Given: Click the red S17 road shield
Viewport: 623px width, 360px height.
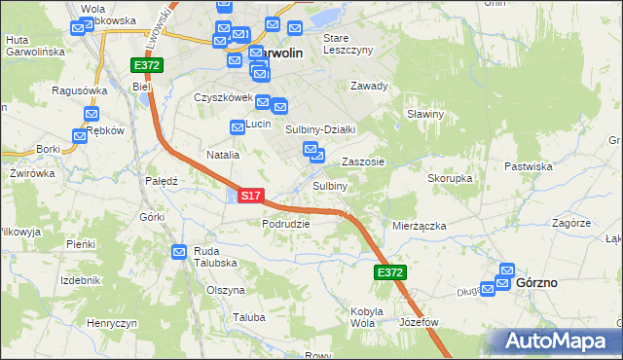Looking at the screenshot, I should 250,196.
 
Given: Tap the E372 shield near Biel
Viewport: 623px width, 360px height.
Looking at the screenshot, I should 148,64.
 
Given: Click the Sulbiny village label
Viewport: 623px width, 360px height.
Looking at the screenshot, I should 330,185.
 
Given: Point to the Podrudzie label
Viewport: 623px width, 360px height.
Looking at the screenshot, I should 285,223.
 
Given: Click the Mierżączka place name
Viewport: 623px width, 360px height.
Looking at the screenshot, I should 419,225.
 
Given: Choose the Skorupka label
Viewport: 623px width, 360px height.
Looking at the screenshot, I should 450,179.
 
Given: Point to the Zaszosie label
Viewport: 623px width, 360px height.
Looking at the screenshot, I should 362,162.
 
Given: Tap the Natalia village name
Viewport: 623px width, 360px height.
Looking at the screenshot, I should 223,155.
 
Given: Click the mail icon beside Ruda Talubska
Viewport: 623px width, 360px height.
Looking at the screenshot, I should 180,252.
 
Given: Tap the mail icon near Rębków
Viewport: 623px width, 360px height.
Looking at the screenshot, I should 80,137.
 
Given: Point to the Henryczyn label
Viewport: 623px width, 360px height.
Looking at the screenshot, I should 110,322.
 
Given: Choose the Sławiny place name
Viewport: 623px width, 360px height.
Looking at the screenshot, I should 425,114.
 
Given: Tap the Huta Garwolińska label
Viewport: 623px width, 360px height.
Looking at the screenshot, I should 34,45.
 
